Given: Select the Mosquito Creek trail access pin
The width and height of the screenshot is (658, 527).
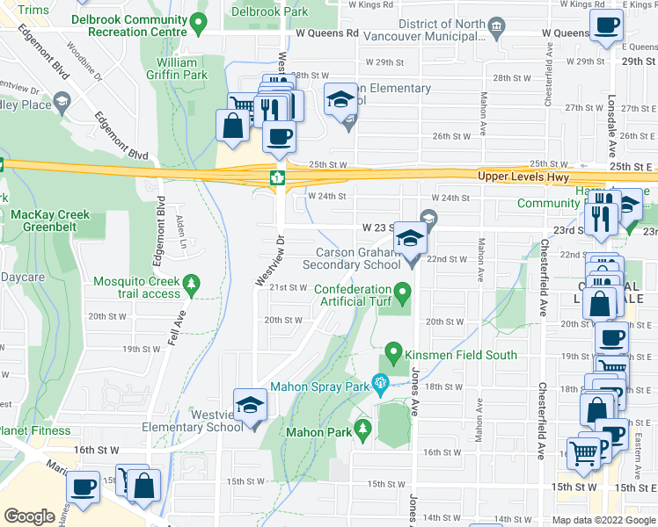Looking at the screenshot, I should (193, 283).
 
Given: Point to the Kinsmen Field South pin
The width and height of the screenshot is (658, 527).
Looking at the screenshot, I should (392, 355).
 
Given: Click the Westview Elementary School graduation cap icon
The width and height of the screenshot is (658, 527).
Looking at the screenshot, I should (251, 405).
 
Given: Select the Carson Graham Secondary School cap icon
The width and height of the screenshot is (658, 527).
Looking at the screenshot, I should (410, 237).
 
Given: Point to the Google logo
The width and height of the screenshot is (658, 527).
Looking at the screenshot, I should (29, 516).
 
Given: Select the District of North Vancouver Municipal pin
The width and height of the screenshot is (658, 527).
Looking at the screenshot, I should (497, 28).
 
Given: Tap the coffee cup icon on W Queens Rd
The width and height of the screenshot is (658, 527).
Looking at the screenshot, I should (606, 26).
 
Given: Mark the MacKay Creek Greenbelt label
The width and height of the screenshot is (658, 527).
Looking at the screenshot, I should (48, 220).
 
